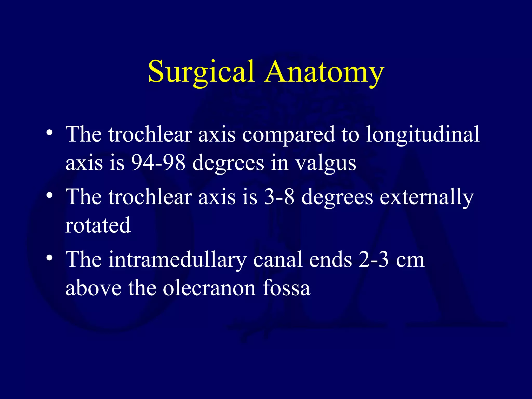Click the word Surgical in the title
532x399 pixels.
click(x=201, y=72)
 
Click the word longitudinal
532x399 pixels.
click(x=423, y=135)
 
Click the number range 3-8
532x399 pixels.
click(x=279, y=197)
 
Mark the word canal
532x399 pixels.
click(x=278, y=260)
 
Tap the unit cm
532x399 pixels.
click(x=410, y=261)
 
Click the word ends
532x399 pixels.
click(x=330, y=260)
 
